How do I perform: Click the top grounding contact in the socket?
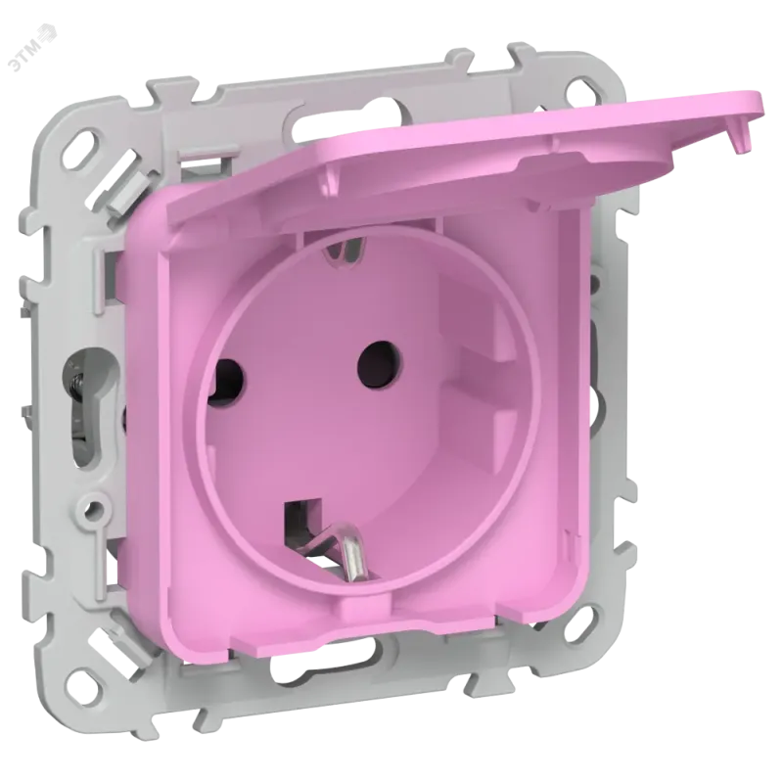coord(345,250)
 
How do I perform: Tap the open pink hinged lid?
coord(464,160)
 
